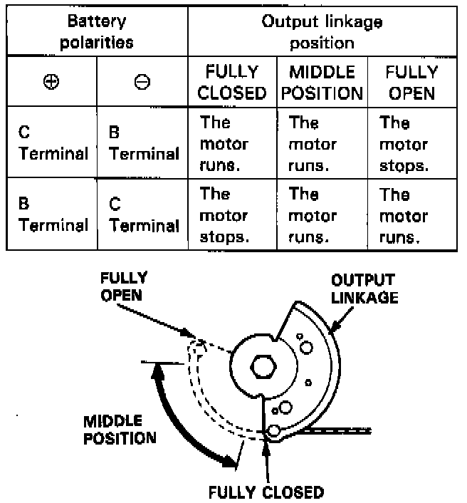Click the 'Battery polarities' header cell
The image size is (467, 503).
[x=96, y=31]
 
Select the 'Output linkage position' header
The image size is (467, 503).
[x=322, y=31]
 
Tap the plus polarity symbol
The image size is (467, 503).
[x=51, y=81]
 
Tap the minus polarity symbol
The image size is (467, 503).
[x=142, y=81]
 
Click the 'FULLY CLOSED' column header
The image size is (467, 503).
[x=232, y=82]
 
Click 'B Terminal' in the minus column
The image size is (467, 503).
[x=143, y=142]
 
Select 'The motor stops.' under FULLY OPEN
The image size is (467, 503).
[x=404, y=144]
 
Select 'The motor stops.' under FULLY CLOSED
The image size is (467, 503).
[x=224, y=215]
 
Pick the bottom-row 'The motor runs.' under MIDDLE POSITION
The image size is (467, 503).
[x=313, y=215]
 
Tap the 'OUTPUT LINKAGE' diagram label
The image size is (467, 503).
[x=364, y=289]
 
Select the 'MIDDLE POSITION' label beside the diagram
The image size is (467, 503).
[x=119, y=429]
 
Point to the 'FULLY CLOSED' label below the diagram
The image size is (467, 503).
[x=266, y=491]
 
